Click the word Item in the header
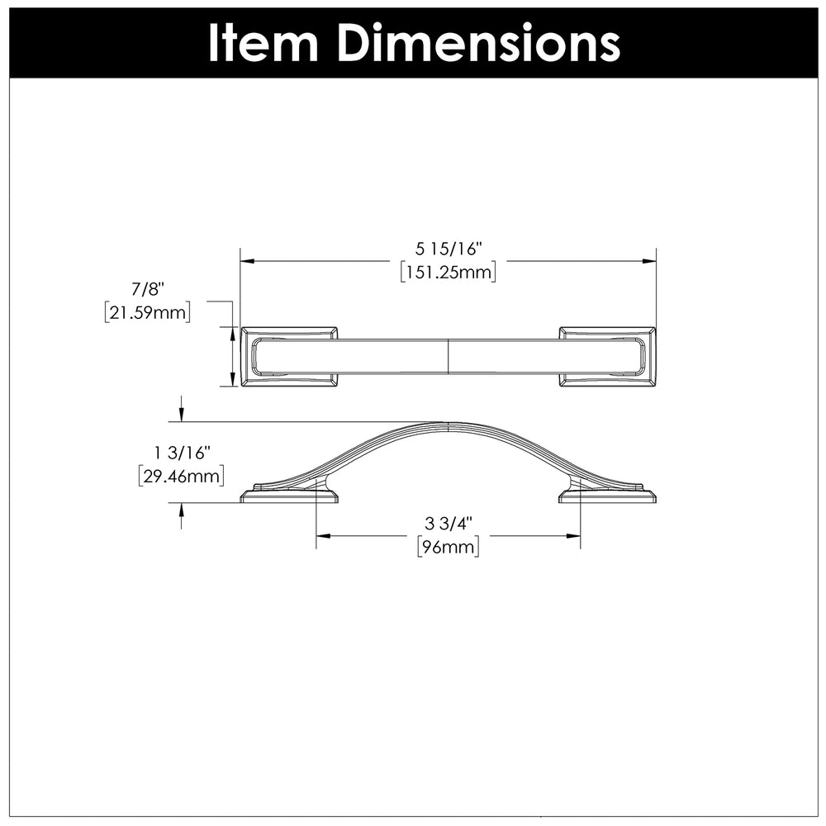(x=263, y=43)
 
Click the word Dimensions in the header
(x=478, y=43)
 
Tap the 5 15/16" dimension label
(x=449, y=248)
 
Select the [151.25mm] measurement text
(x=449, y=273)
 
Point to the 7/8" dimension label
(x=148, y=288)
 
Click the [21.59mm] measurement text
(x=148, y=313)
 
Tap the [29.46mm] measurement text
(x=182, y=477)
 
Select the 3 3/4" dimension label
(x=449, y=524)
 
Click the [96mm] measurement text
(x=449, y=548)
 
